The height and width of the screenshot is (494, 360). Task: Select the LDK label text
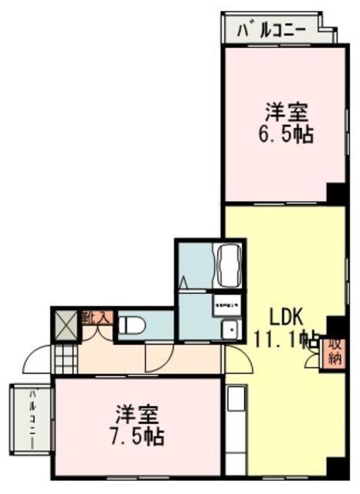coord(289,316)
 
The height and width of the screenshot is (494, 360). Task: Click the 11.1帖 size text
coord(287,337)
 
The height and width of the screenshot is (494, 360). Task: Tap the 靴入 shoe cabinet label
coord(98,316)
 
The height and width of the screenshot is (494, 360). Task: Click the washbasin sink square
coord(228,330)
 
